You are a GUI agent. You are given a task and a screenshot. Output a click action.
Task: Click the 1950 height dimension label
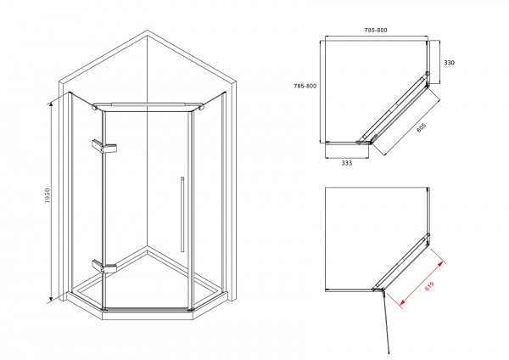point(48,195)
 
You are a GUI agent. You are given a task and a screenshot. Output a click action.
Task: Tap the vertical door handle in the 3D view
point(182,215)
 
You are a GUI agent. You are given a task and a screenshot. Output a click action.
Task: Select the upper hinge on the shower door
point(104,147)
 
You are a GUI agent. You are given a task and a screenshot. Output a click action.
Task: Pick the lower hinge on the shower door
point(104,266)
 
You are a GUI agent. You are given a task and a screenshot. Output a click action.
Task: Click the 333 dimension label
point(347,163)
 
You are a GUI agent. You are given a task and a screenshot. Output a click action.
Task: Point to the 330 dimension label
point(450,63)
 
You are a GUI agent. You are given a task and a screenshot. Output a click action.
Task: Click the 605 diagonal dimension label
point(421,127)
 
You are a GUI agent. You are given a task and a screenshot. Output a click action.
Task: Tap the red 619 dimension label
point(429,286)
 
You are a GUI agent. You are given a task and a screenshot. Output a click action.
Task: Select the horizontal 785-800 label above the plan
point(376,30)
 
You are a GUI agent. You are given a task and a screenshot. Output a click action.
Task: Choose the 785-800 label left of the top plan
point(305,86)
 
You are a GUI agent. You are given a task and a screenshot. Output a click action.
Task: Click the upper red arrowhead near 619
point(440,264)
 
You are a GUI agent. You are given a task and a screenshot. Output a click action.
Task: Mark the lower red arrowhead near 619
point(402,302)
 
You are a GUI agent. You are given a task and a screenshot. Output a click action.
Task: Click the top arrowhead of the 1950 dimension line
point(51,104)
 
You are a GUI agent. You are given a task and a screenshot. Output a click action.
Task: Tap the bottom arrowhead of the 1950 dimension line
point(51,299)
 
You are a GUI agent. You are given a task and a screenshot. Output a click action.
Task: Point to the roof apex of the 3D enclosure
point(148,31)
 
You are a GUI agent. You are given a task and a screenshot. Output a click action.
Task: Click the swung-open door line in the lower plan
point(386,322)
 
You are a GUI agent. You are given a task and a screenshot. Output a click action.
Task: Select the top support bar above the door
point(148,106)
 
